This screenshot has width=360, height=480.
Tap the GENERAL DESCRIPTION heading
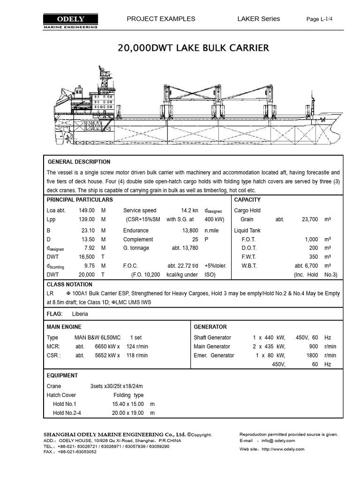79,162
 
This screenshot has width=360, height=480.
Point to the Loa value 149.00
87,210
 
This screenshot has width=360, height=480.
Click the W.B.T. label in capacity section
249,266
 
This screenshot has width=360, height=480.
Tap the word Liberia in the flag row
80,314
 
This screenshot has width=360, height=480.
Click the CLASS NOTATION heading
69,285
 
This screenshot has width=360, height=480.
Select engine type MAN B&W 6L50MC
97,337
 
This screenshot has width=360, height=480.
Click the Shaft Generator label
212,337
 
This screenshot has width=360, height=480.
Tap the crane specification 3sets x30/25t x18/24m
116,386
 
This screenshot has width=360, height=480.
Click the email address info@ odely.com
278,441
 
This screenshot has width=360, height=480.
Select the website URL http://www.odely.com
283,449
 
